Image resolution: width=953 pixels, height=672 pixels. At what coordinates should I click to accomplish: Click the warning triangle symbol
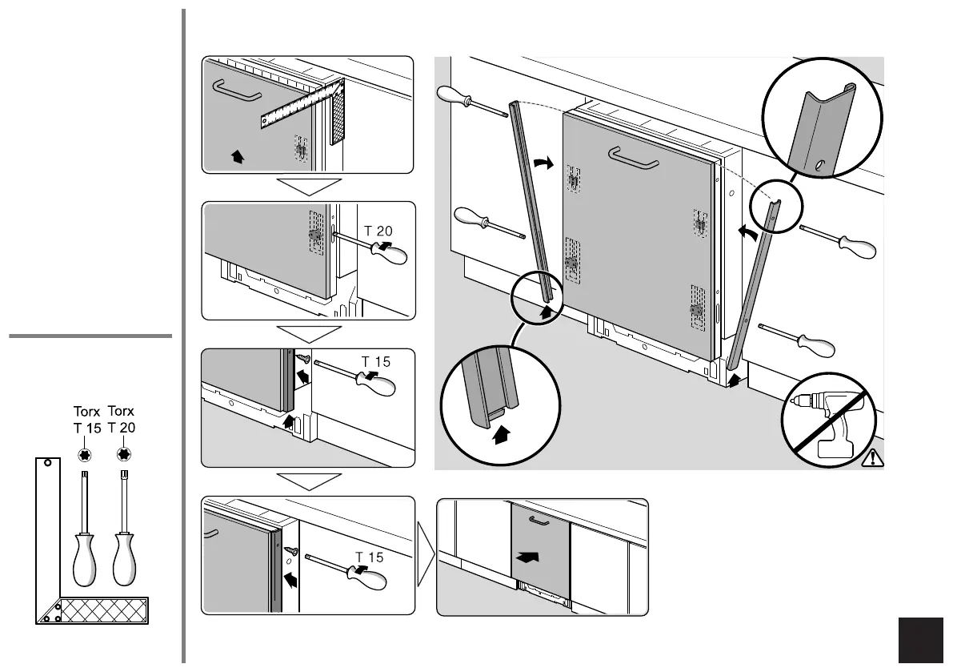click(872, 458)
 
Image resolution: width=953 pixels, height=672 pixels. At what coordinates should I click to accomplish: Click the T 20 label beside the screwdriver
click(378, 231)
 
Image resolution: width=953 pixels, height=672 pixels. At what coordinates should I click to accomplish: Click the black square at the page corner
click(921, 641)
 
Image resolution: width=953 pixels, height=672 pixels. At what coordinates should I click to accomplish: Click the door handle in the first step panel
click(236, 93)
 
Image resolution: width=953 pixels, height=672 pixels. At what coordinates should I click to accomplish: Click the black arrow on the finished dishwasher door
click(528, 555)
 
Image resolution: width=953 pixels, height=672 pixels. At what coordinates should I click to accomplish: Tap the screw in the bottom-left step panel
click(293, 552)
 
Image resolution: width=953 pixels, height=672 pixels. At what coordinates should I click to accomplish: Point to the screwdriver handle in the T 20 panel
click(393, 253)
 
